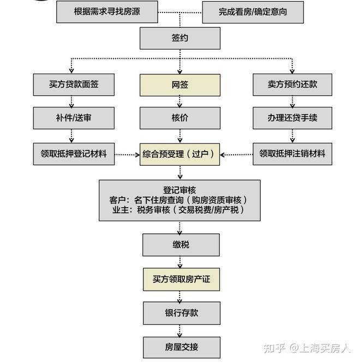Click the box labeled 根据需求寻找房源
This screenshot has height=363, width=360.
click(x=107, y=11)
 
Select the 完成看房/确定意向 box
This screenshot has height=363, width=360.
click(x=253, y=12)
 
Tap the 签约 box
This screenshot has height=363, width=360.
click(x=181, y=39)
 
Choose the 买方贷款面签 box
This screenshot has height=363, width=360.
click(x=74, y=85)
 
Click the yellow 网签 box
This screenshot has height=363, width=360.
click(x=181, y=85)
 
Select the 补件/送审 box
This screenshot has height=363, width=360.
click(x=74, y=118)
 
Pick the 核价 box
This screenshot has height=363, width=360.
click(x=181, y=118)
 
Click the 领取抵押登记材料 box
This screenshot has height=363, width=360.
click(x=74, y=154)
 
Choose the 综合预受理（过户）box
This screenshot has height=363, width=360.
click(x=181, y=154)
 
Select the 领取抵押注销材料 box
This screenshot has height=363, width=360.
click(x=292, y=154)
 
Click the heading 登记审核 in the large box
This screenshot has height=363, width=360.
click(x=181, y=189)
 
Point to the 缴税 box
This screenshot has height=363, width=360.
click(x=181, y=245)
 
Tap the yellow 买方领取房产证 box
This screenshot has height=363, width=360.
click(x=181, y=279)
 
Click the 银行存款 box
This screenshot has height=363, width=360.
click(x=181, y=313)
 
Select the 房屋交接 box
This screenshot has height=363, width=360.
click(x=181, y=346)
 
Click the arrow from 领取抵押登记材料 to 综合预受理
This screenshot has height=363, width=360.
click(x=127, y=154)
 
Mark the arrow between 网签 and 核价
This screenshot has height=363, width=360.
click(x=181, y=101)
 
